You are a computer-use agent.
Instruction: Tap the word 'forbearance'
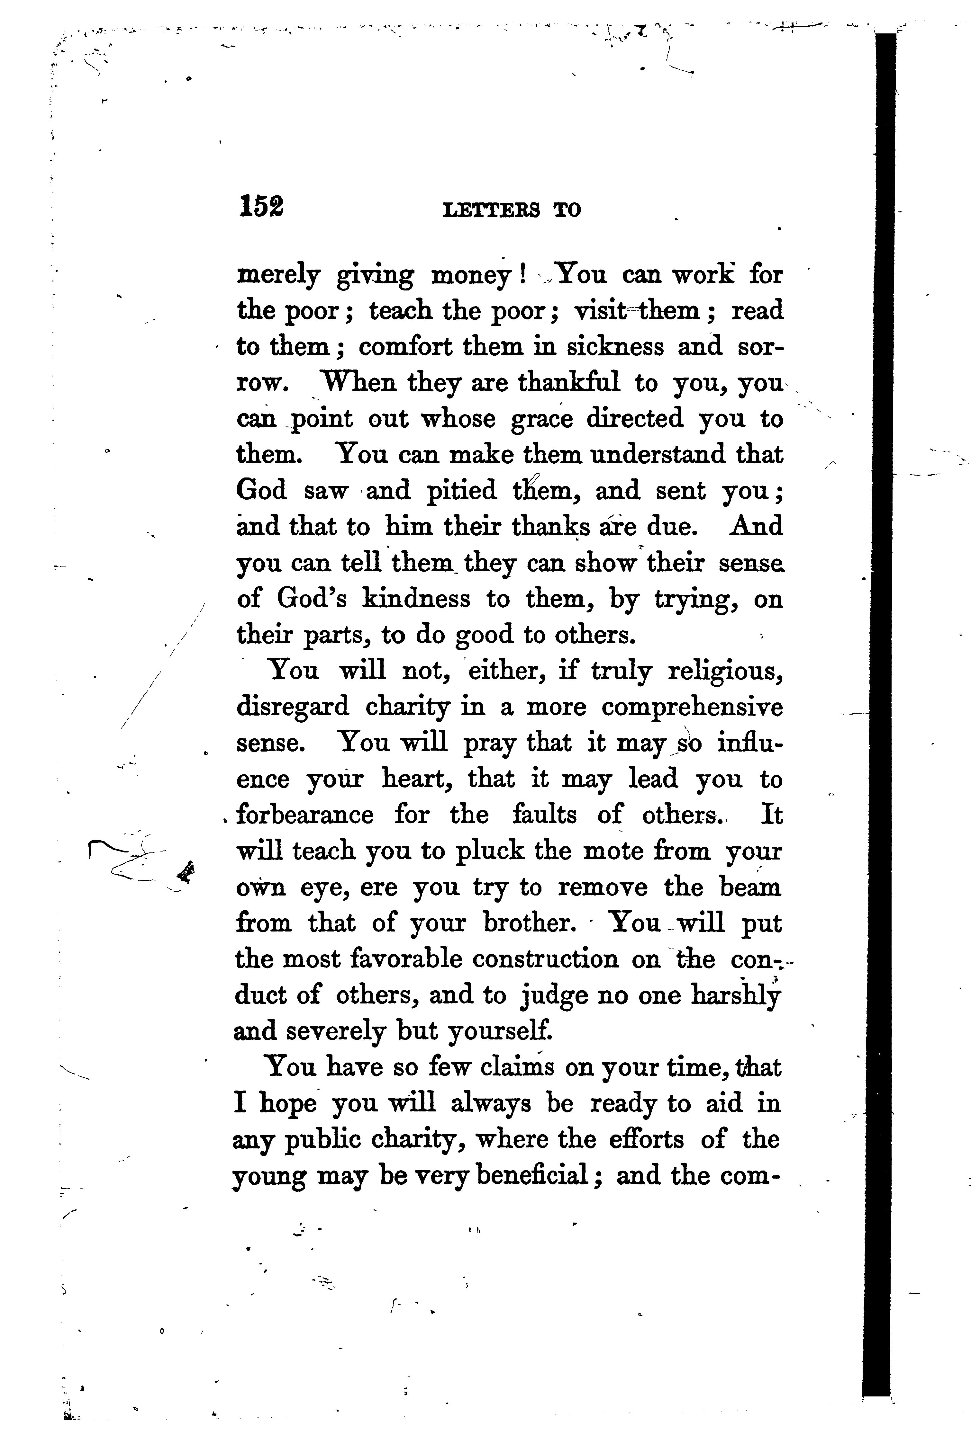tap(305, 815)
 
